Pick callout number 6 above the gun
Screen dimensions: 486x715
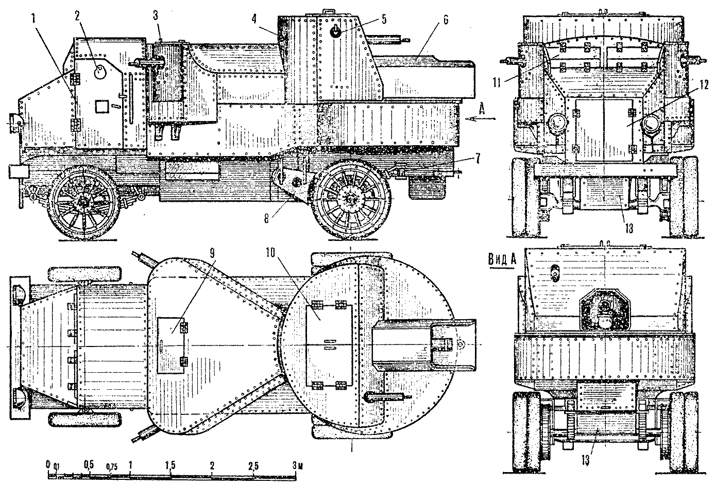(x=445, y=20)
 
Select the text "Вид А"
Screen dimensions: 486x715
(x=502, y=258)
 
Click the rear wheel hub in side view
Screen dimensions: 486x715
(x=351, y=197)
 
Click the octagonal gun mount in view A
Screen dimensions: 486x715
(x=604, y=308)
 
